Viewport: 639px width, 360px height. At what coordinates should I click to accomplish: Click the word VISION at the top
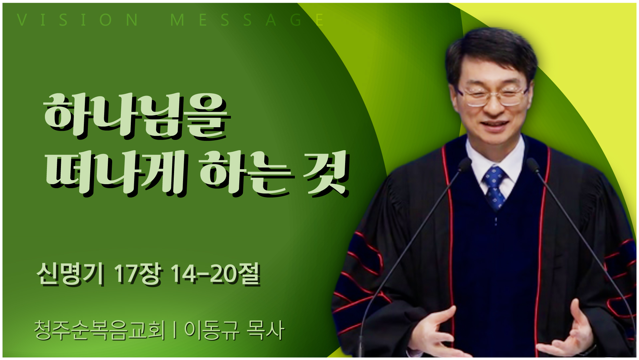click(x=78, y=20)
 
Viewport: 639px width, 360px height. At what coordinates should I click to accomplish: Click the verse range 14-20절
click(x=215, y=274)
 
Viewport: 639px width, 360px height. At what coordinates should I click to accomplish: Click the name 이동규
click(x=212, y=330)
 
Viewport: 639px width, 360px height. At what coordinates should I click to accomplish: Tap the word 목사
click(x=265, y=330)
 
